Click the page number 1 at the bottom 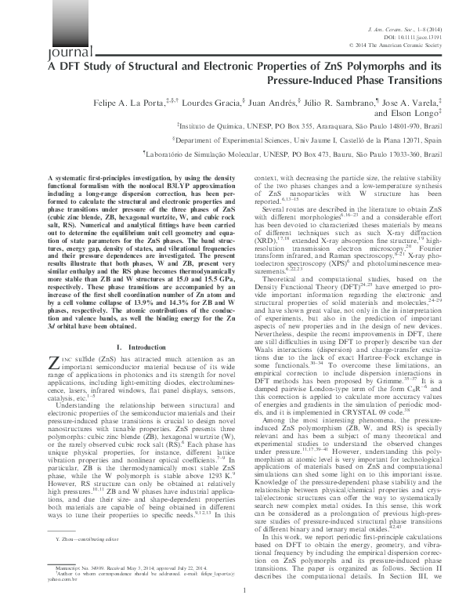pyautogui.click(x=233, y=590)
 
